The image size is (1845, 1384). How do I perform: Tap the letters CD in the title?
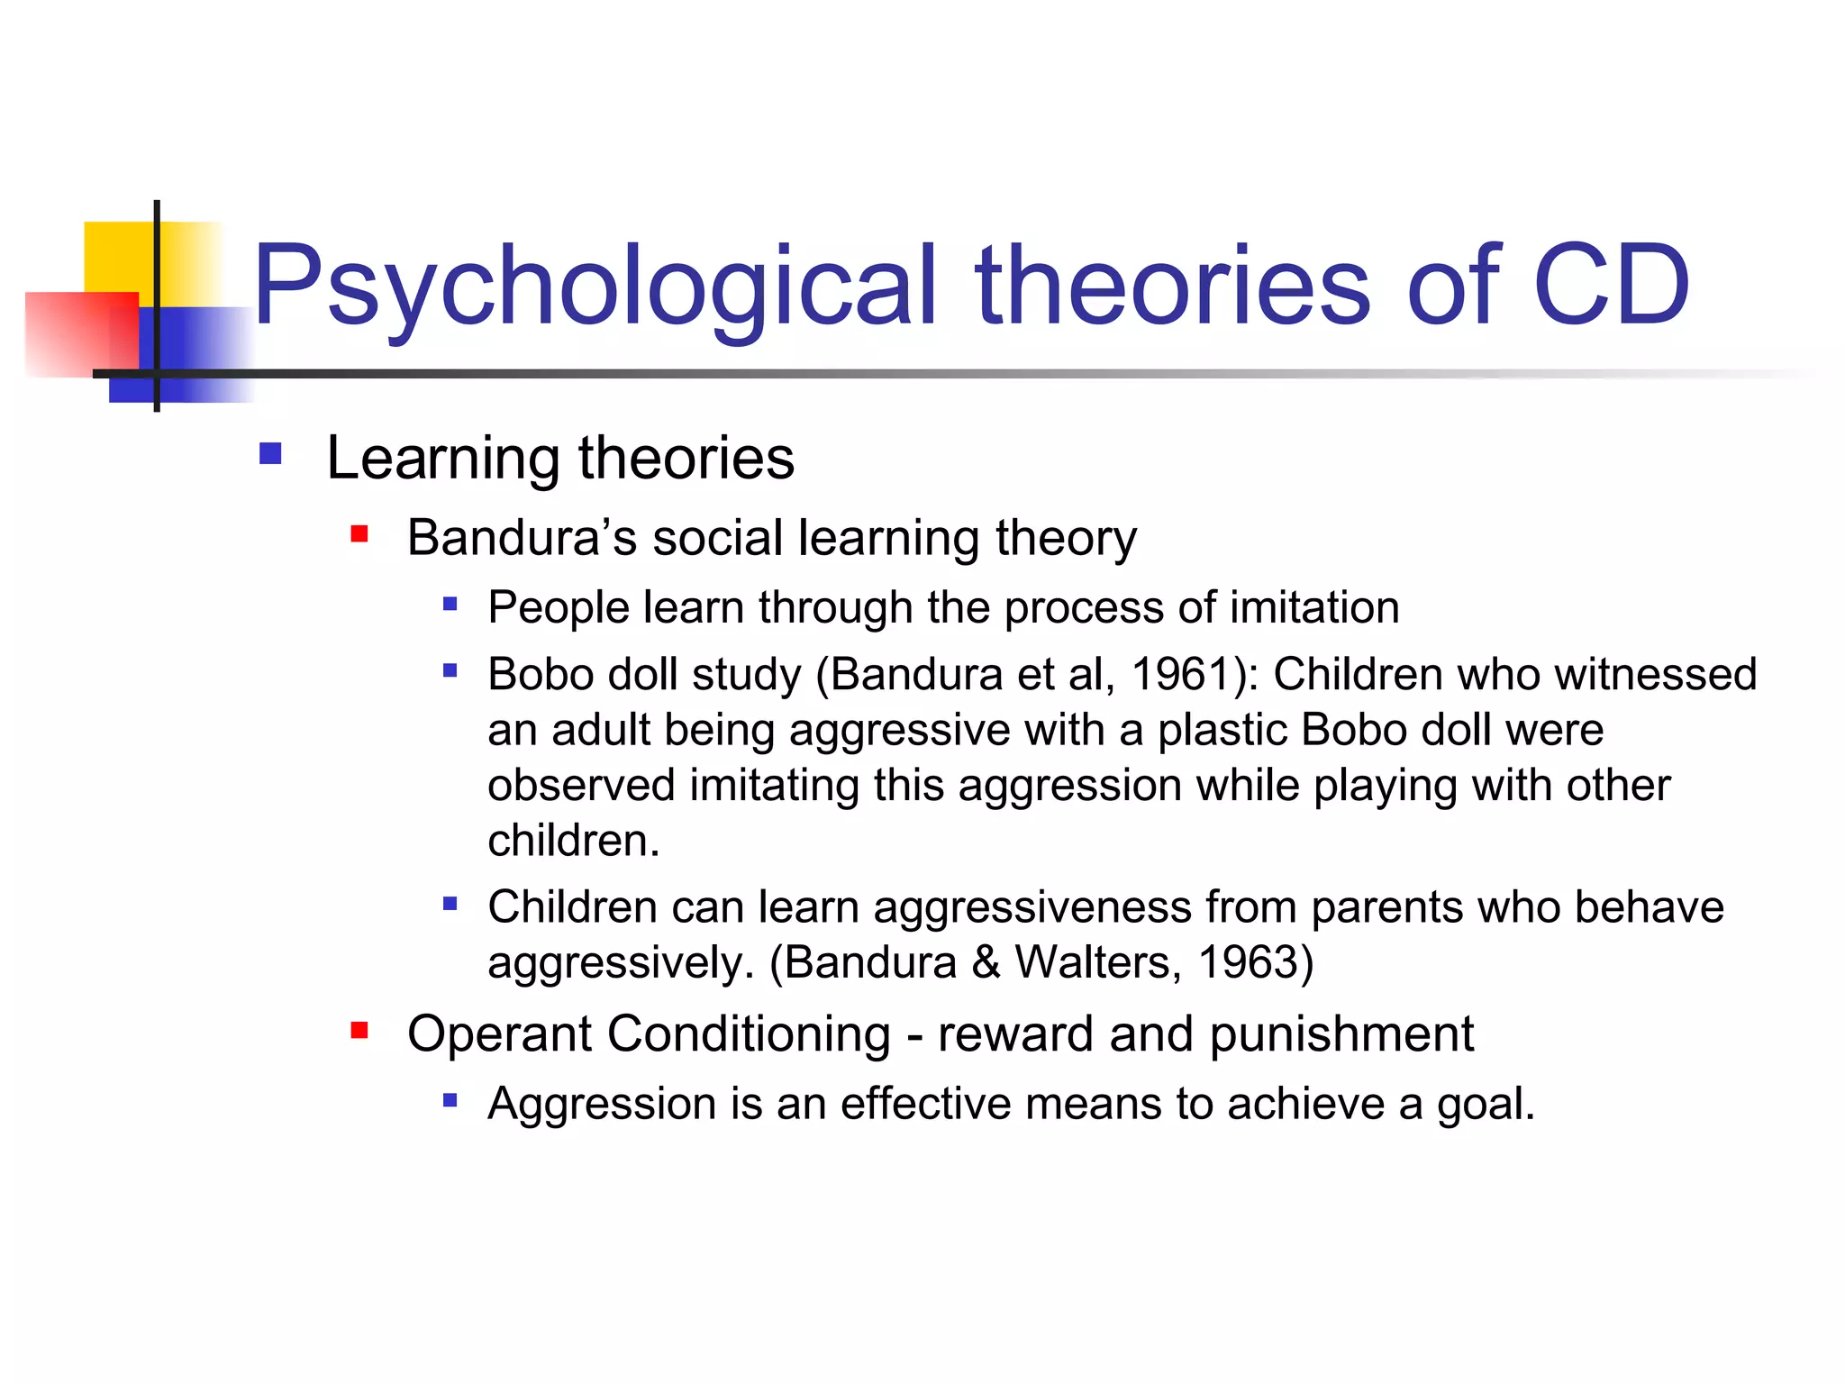click(1611, 287)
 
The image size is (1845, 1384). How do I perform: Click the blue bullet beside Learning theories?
click(270, 452)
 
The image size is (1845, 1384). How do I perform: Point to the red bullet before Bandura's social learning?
click(359, 534)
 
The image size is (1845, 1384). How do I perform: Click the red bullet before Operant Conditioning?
click(359, 1030)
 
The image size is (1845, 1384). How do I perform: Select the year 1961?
click(1184, 674)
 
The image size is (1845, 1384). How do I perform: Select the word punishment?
click(1341, 1034)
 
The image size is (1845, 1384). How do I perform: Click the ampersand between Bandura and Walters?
click(986, 962)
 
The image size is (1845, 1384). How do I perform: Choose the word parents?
click(1386, 907)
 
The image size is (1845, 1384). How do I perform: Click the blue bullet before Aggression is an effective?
click(450, 1100)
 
